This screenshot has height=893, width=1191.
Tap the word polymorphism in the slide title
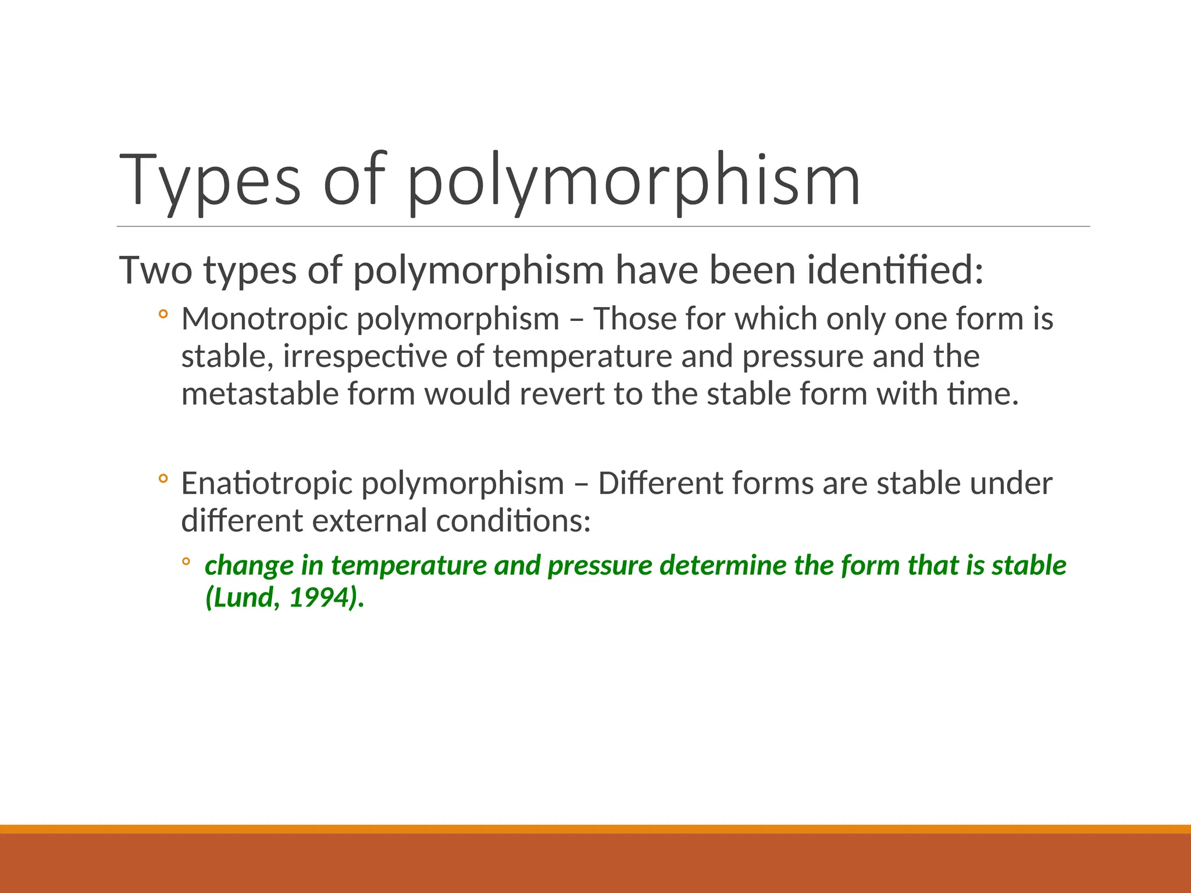tap(633, 180)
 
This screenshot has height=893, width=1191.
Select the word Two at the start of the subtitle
tap(155, 270)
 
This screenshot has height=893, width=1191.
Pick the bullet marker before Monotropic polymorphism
tap(163, 315)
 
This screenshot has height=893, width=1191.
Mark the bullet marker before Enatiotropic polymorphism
tap(163, 479)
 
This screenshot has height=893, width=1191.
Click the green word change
tap(249, 566)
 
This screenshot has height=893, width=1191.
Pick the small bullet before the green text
tap(186, 562)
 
